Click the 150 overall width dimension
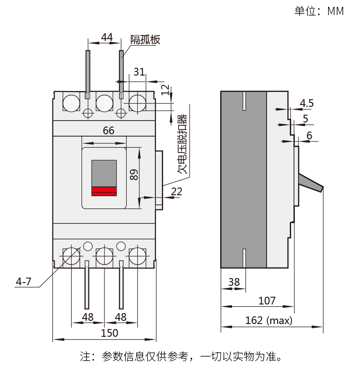[109, 333]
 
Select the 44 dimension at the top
[107, 37]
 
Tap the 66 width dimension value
[108, 131]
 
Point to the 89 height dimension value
[134, 175]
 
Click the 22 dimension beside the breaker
[176, 192]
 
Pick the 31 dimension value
[139, 71]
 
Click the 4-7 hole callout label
[23, 282]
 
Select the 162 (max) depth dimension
[268, 320]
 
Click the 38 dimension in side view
[234, 282]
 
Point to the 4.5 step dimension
[307, 103]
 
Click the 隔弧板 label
[145, 40]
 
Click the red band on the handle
[104, 191]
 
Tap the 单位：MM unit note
[319, 11]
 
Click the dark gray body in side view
[243, 179]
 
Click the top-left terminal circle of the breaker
[70, 103]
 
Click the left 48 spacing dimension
[87, 317]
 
